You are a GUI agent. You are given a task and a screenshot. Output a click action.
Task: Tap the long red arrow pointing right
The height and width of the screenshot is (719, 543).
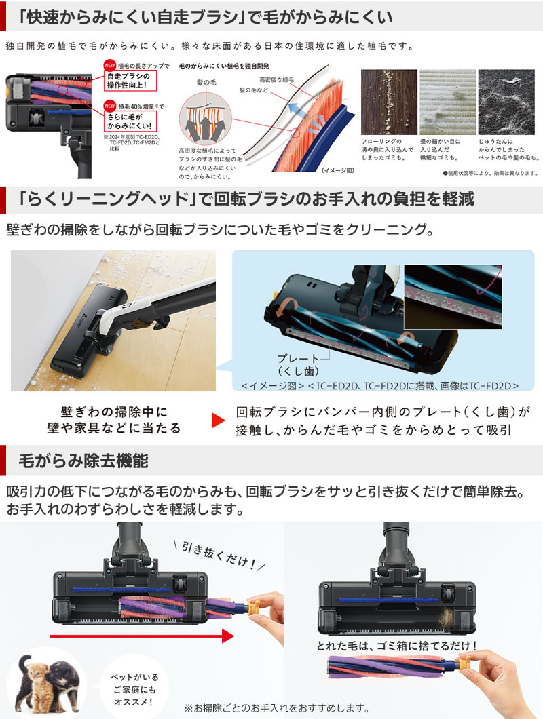pyautogui.click(x=142, y=636)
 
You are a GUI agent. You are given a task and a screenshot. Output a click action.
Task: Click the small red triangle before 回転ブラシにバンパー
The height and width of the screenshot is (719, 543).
pyautogui.click(x=217, y=420)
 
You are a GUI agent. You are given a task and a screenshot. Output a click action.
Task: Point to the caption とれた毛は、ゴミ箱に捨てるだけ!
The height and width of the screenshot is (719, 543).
pyautogui.click(x=397, y=646)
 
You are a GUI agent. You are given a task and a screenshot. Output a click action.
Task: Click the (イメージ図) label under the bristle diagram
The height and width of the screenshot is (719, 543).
pyautogui.click(x=337, y=171)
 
